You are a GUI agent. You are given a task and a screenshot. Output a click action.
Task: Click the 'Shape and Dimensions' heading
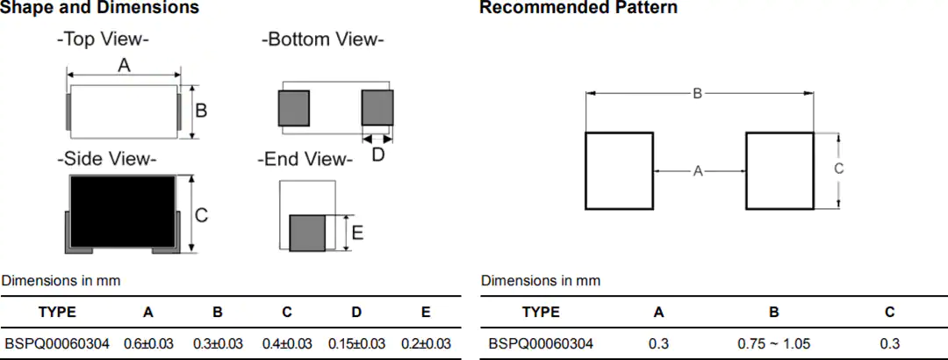pyautogui.click(x=100, y=8)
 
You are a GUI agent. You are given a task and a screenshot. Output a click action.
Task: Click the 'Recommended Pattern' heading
pyautogui.click(x=578, y=8)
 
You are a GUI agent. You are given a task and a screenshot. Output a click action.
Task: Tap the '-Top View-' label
pyautogui.click(x=103, y=40)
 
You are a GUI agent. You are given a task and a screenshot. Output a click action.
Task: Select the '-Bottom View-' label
pyautogui.click(x=323, y=40)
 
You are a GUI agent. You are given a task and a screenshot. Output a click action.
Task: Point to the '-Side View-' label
pyautogui.click(x=106, y=159)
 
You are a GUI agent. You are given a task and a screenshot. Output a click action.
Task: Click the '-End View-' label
pyautogui.click(x=305, y=161)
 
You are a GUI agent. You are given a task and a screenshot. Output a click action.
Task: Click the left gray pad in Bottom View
pyautogui.click(x=294, y=108)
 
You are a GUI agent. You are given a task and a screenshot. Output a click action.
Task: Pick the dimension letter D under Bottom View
pyautogui.click(x=377, y=155)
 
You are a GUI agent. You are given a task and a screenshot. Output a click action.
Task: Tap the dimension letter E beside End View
pyautogui.click(x=358, y=233)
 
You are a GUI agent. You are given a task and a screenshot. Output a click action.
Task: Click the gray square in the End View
pyautogui.click(x=307, y=233)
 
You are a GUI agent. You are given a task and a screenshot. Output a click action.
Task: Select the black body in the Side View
pyautogui.click(x=123, y=211)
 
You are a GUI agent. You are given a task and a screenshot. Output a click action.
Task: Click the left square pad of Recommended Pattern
pyautogui.click(x=619, y=170)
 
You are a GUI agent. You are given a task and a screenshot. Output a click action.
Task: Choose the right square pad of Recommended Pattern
pyautogui.click(x=780, y=170)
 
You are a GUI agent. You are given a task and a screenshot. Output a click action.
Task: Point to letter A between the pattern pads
pyautogui.click(x=698, y=171)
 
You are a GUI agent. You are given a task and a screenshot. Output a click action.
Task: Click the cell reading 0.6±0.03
pyautogui.click(x=148, y=343)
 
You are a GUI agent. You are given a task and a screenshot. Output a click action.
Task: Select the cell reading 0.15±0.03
pyautogui.click(x=356, y=343)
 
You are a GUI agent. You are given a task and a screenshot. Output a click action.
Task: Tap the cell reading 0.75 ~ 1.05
pyautogui.click(x=774, y=343)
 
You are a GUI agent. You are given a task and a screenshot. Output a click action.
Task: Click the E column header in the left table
pyautogui.click(x=427, y=313)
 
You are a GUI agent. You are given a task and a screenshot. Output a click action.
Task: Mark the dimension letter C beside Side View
pyautogui.click(x=201, y=215)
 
